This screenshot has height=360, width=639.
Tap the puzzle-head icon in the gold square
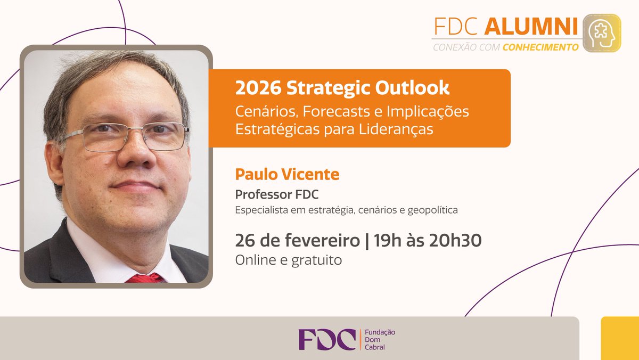[602, 32]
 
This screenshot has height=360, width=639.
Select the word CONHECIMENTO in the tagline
[540, 47]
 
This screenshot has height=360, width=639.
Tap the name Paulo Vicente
[287, 174]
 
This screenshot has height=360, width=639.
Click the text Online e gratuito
[288, 260]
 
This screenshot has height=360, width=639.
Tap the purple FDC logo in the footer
[326, 339]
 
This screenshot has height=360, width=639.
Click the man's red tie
[145, 278]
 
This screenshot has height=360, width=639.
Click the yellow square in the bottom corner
[620, 338]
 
